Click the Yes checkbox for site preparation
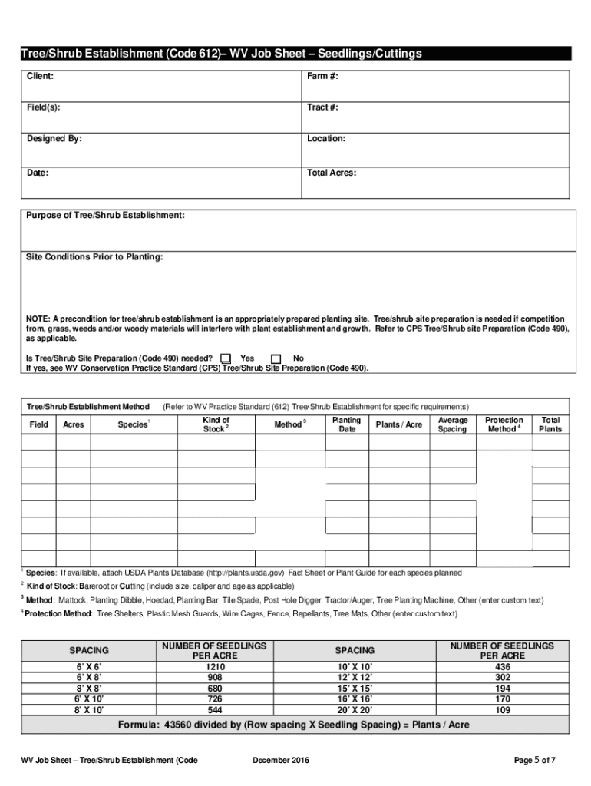(x=226, y=358)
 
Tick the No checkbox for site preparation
(x=276, y=358)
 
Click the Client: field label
(x=41, y=77)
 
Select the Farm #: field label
(x=322, y=77)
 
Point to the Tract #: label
(x=322, y=107)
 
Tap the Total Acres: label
(x=332, y=173)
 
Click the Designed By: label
(x=54, y=139)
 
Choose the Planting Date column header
(x=347, y=424)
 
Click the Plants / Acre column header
(x=398, y=424)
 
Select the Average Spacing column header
(x=452, y=424)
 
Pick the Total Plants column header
(x=550, y=424)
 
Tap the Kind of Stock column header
(x=216, y=424)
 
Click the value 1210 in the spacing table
(x=214, y=668)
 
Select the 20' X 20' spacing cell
(x=355, y=710)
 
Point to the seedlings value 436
(x=502, y=668)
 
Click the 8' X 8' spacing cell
(x=89, y=689)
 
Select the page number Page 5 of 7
(x=534, y=761)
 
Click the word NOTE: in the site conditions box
(x=38, y=319)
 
